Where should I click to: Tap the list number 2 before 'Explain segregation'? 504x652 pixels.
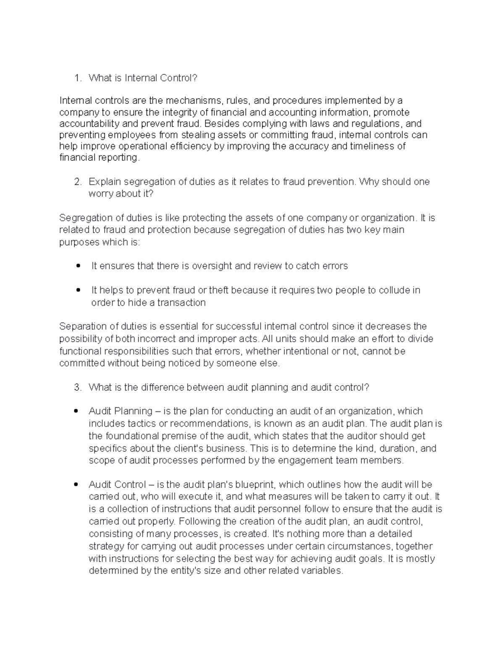pyautogui.click(x=77, y=182)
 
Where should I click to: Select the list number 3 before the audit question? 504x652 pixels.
pyautogui.click(x=77, y=387)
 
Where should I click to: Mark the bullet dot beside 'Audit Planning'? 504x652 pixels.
pyautogui.click(x=76, y=411)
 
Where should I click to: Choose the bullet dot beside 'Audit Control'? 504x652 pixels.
pyautogui.click(x=76, y=484)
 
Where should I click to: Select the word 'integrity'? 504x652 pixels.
pyautogui.click(x=178, y=112)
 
